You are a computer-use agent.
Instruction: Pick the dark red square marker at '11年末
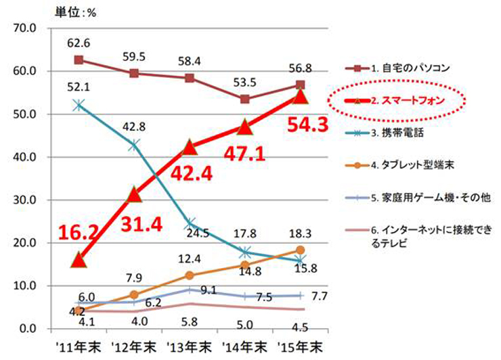[x=79, y=60]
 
